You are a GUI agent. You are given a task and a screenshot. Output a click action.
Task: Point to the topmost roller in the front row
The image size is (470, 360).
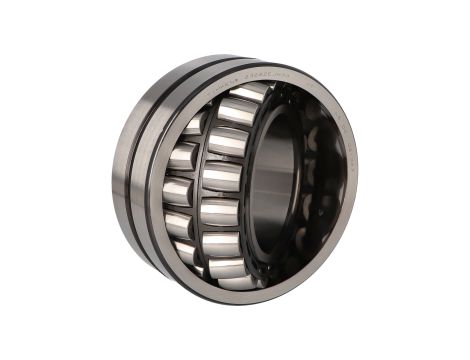pos(240,110)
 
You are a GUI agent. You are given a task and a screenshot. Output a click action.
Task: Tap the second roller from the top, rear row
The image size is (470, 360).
pos(184,155)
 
